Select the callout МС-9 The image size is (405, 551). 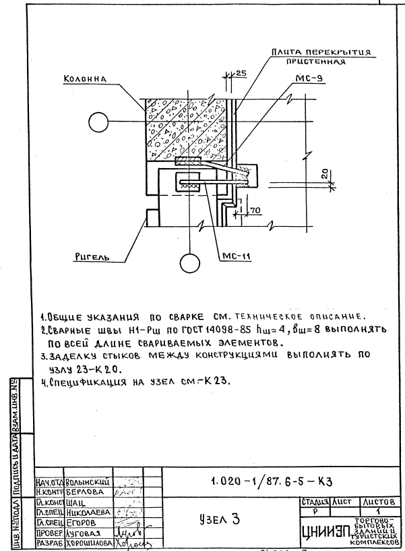[303, 78]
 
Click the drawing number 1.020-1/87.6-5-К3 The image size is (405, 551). [272, 480]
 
